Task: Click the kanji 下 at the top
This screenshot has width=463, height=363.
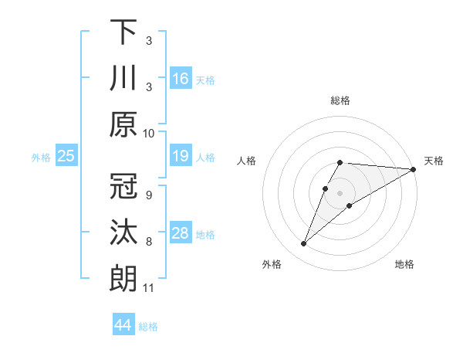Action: coord(123,32)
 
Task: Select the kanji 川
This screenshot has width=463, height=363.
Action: coord(123,79)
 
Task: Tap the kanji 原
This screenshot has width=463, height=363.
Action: coord(123,125)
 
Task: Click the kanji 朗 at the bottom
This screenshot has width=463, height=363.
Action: coord(123,279)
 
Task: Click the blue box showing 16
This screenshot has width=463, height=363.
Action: coord(181,79)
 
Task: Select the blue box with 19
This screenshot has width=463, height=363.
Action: coord(181,157)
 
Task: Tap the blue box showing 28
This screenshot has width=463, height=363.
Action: coord(181,233)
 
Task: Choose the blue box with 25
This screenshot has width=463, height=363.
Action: coord(66,157)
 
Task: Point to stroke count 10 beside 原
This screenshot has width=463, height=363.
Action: coord(149,133)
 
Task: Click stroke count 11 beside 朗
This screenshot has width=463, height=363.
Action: coord(149,288)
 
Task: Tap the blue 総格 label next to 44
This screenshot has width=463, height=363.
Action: coord(148,327)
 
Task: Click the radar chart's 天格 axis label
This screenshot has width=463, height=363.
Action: coord(434,161)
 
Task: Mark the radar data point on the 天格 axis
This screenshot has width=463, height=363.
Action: coord(414,170)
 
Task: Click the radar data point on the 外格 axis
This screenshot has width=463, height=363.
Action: coord(304,244)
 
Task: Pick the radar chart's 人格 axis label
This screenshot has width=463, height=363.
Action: coord(247,161)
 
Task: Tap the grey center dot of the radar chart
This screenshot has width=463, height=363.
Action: coord(340,193)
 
